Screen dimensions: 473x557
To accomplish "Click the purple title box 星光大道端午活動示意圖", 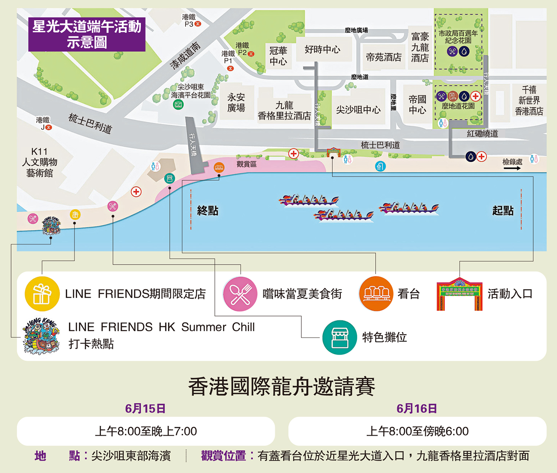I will (x=87, y=34).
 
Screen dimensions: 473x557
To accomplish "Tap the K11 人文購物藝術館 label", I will (x=39, y=162).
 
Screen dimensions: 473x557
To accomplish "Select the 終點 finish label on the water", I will (x=208, y=211).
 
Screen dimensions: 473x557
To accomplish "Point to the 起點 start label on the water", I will (x=503, y=211).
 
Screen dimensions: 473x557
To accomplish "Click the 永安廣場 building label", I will (x=236, y=102).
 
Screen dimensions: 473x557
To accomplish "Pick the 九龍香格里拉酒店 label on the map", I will (x=284, y=111).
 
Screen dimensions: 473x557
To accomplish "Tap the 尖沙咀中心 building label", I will (x=358, y=110).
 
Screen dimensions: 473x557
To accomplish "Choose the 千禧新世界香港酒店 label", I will (x=529, y=101).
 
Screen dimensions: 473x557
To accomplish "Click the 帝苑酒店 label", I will (x=384, y=57).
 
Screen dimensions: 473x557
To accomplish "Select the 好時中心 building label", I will (x=322, y=49).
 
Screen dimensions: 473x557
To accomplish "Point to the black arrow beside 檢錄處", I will (x=512, y=168).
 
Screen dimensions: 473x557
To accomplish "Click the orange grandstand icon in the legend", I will (x=376, y=293).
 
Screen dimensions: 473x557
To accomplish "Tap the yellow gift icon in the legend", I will (x=42, y=293).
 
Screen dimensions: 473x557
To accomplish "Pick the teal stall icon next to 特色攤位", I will (x=339, y=337).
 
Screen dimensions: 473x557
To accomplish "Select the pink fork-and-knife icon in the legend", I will (x=240, y=293).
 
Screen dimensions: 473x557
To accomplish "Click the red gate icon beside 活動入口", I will (x=459, y=293).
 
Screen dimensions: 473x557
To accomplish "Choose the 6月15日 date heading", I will (x=145, y=408).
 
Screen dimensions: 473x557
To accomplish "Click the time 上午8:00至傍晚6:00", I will (x=417, y=431).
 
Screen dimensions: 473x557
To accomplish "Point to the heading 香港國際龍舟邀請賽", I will (x=281, y=387).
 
